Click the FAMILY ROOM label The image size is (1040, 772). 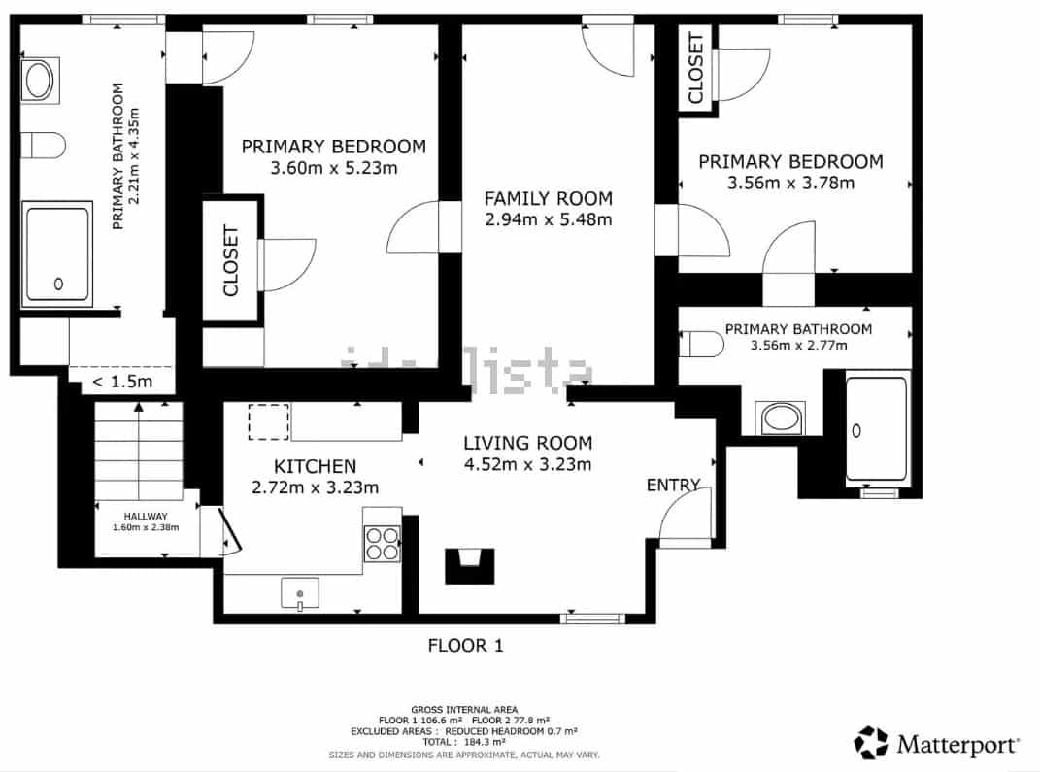point(548,198)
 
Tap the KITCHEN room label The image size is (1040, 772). point(301,467)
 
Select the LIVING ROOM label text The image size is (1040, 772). point(527,443)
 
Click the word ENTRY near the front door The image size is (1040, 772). point(673,486)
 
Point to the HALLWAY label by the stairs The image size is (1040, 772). point(146,516)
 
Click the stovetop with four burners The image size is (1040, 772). point(383,543)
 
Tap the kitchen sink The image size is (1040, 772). point(300,592)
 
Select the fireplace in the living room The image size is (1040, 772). point(471,565)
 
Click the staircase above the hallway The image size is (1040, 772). point(139,451)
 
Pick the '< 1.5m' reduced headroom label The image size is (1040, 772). point(122,382)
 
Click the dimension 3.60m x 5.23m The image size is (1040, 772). point(333,168)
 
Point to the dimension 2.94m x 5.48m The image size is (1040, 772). point(548,219)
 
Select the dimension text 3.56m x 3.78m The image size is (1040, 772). point(790,183)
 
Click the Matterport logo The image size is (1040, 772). point(936,744)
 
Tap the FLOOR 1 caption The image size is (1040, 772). point(466,645)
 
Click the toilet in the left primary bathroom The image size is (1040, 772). point(43,145)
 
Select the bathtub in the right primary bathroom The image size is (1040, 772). point(876,427)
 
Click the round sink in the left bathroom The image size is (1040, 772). point(40,81)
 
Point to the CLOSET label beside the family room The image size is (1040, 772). point(695,68)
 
